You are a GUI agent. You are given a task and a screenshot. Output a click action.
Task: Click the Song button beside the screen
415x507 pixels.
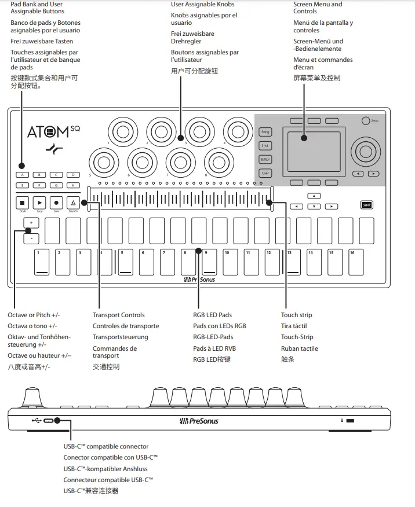click(x=265, y=133)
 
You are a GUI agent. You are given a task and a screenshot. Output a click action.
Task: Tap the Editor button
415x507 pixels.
click(x=265, y=159)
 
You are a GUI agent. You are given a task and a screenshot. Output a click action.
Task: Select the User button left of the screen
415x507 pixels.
click(x=265, y=173)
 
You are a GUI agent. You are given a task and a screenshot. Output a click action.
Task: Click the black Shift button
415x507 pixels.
click(x=366, y=204)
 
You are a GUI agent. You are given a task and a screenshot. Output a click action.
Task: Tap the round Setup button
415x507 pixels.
click(x=365, y=120)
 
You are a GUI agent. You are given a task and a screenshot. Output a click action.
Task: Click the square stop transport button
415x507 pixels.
click(x=23, y=203)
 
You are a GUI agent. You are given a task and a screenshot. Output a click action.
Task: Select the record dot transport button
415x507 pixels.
click(x=57, y=203)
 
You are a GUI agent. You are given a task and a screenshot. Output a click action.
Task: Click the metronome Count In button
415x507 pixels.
click(x=74, y=203)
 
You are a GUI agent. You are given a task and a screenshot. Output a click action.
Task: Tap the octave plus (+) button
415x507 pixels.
click(x=31, y=222)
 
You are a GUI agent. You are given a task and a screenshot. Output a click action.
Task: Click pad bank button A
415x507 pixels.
click(x=23, y=174)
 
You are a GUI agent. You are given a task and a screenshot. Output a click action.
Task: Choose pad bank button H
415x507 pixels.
click(x=73, y=185)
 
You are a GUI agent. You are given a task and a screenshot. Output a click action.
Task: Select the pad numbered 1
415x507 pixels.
click(x=41, y=262)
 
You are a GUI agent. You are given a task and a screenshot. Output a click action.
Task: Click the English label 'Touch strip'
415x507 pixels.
click(x=296, y=315)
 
